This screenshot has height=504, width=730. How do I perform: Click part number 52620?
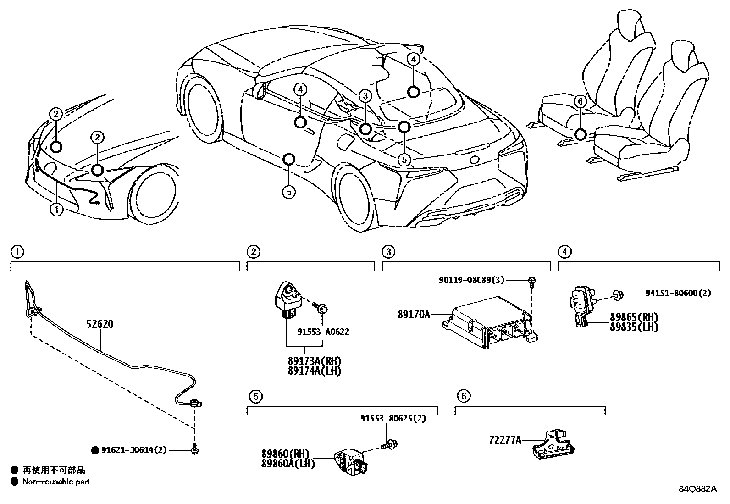coord(100,324)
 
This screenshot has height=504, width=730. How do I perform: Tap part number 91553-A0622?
coord(323,332)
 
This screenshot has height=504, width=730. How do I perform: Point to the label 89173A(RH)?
coord(315,361)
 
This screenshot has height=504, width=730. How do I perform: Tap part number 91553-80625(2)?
coord(393,418)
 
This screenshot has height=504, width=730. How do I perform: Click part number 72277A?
coord(505,440)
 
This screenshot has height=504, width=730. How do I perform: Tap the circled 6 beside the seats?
coord(580,101)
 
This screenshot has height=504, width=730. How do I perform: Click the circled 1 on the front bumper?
coord(56,210)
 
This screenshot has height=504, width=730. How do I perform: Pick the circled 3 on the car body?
coord(365,96)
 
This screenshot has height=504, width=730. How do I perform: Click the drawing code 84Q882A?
coord(697,488)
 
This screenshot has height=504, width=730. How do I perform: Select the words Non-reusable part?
coord(56,482)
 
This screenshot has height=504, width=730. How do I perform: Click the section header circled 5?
coord(256,395)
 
